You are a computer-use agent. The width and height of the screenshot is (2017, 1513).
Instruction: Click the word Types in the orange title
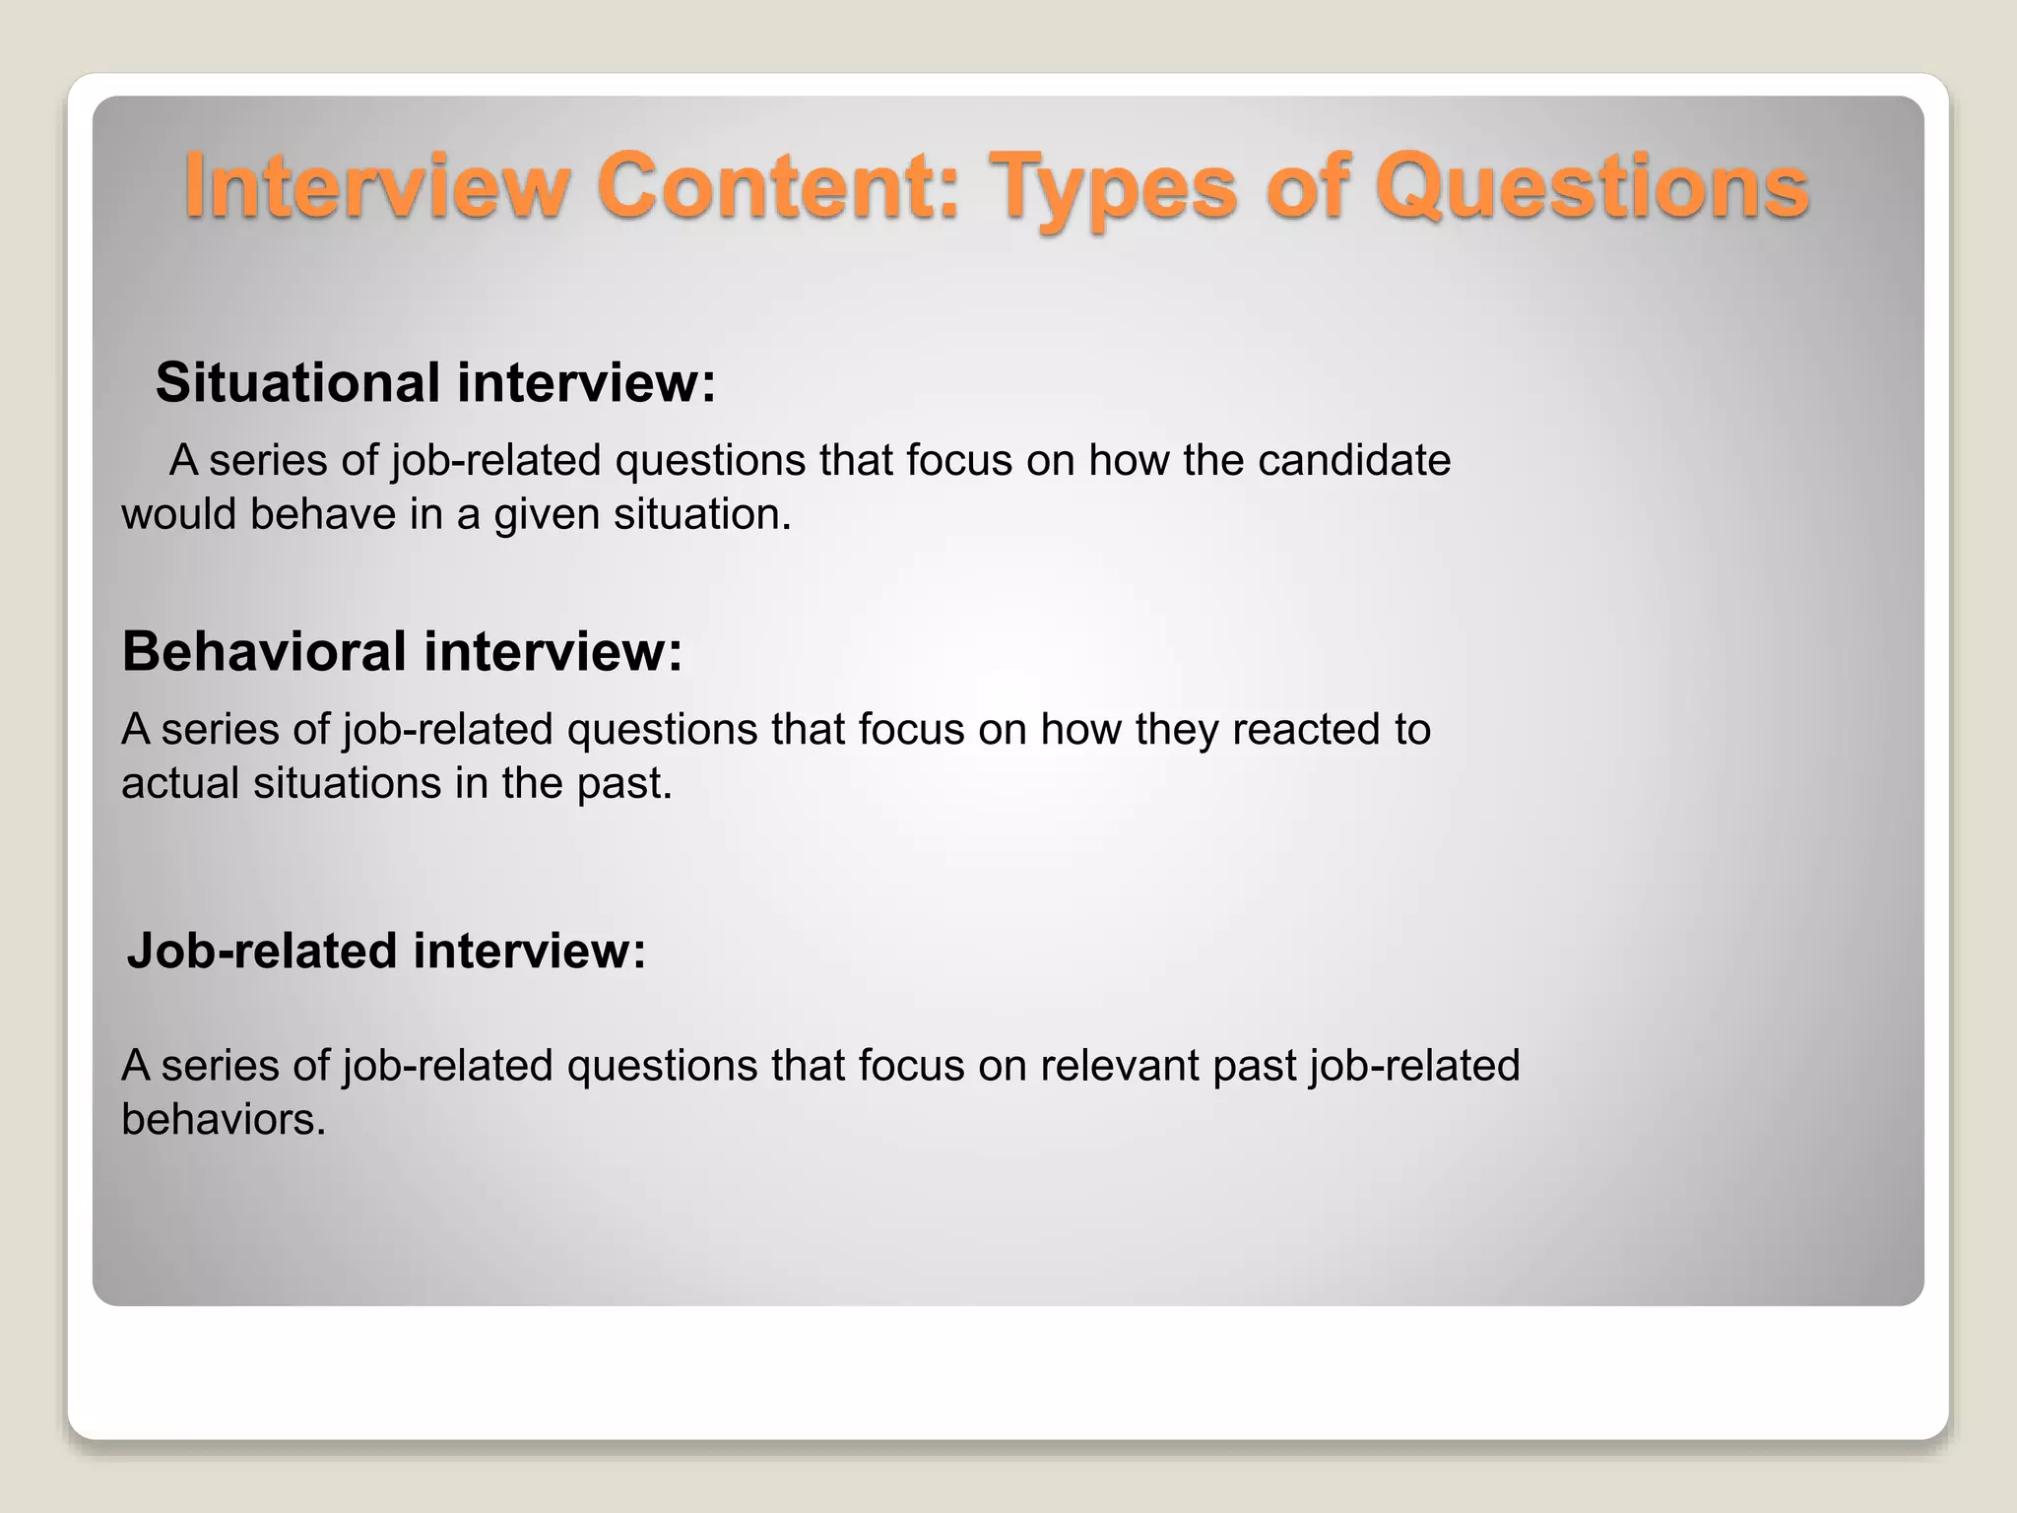point(1113,187)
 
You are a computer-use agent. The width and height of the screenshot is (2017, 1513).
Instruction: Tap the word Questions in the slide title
point(1592,187)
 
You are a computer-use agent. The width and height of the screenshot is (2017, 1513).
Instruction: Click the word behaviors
point(223,1119)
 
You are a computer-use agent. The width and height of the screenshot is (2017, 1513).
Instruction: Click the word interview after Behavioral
point(553,651)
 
